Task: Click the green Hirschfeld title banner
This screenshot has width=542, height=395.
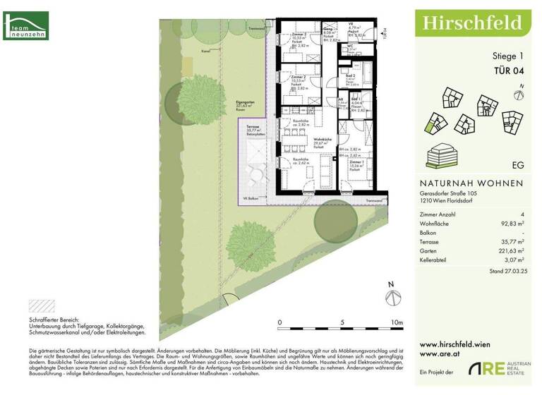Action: tap(472, 23)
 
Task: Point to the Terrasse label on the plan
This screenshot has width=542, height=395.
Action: tap(253, 128)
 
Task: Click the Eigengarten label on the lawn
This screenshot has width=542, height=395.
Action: tap(245, 104)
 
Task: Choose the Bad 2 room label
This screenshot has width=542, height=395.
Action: tap(350, 75)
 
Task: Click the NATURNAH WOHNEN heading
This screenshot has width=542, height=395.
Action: tap(466, 183)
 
